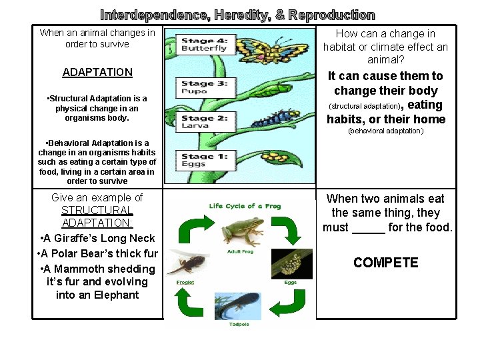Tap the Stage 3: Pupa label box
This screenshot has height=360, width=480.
point(205,87)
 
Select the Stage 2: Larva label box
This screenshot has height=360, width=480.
point(205,122)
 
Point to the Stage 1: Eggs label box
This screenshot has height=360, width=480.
point(205,160)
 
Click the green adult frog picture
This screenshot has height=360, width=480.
point(241,230)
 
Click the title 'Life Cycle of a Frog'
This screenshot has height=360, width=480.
point(245,205)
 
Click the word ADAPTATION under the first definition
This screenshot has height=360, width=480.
point(97,72)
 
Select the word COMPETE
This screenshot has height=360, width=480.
point(386,263)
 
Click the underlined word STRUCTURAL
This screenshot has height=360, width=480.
point(97,211)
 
